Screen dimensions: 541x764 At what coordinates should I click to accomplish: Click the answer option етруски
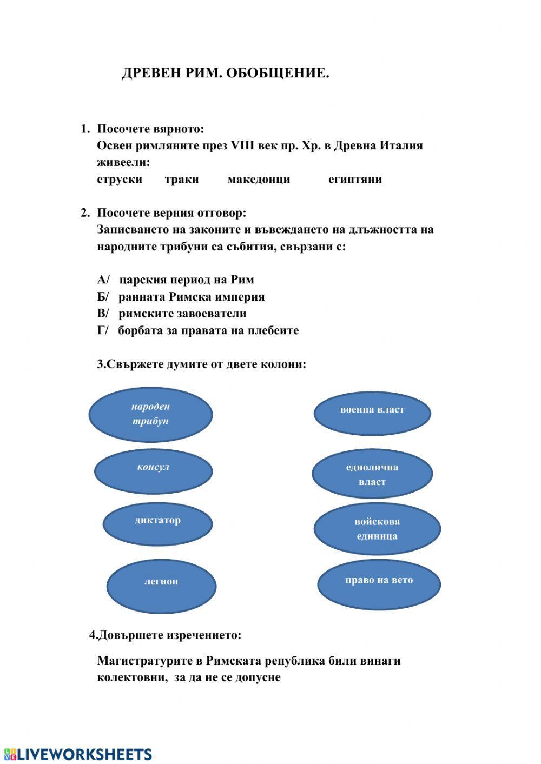pos(120,180)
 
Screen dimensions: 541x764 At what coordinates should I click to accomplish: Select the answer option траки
pos(182,180)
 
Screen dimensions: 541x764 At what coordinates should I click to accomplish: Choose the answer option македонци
pos(259,180)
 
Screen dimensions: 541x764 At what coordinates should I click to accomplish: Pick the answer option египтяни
pos(355,180)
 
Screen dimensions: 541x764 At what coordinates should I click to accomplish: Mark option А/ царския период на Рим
pos(176,280)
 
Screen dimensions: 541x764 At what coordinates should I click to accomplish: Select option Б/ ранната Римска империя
pos(181,297)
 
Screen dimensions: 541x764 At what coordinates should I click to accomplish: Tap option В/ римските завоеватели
pos(172,314)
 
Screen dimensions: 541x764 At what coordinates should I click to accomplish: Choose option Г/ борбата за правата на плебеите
pos(198,330)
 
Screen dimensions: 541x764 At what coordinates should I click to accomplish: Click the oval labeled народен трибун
pos(150,414)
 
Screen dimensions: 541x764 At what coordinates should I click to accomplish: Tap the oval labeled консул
pos(153,470)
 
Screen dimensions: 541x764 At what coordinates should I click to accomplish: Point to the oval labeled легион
pos(161,586)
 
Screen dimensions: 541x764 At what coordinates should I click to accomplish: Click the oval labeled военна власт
pos(372,412)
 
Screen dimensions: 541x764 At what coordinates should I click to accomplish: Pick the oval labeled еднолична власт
pos(372,474)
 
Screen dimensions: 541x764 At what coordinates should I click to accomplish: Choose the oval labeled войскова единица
pos(377,529)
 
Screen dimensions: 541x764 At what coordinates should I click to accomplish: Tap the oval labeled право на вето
pos(379,583)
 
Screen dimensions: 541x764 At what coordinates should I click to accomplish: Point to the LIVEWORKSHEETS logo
pos(78,754)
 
